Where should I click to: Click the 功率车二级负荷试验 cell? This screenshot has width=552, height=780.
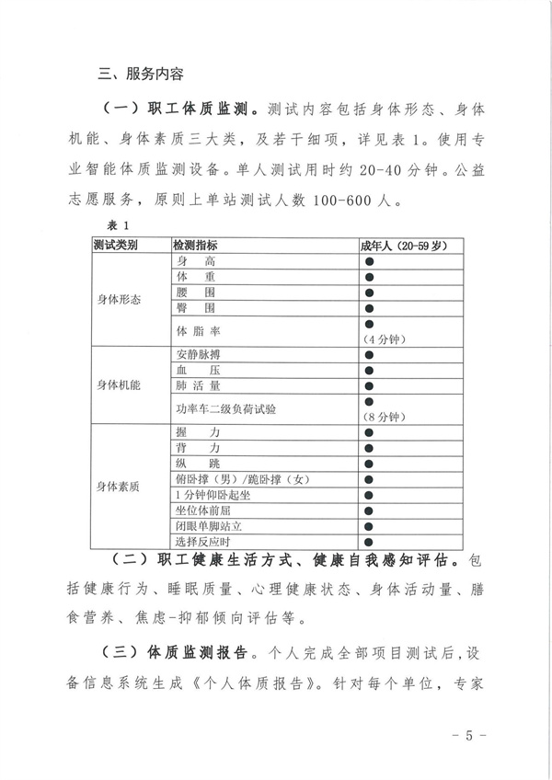point(225,408)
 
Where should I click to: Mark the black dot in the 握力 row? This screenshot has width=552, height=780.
point(368,431)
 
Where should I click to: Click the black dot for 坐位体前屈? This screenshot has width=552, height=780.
point(368,510)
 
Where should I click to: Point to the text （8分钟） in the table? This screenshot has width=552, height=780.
point(384,417)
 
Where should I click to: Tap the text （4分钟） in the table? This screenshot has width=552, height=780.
point(384,338)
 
